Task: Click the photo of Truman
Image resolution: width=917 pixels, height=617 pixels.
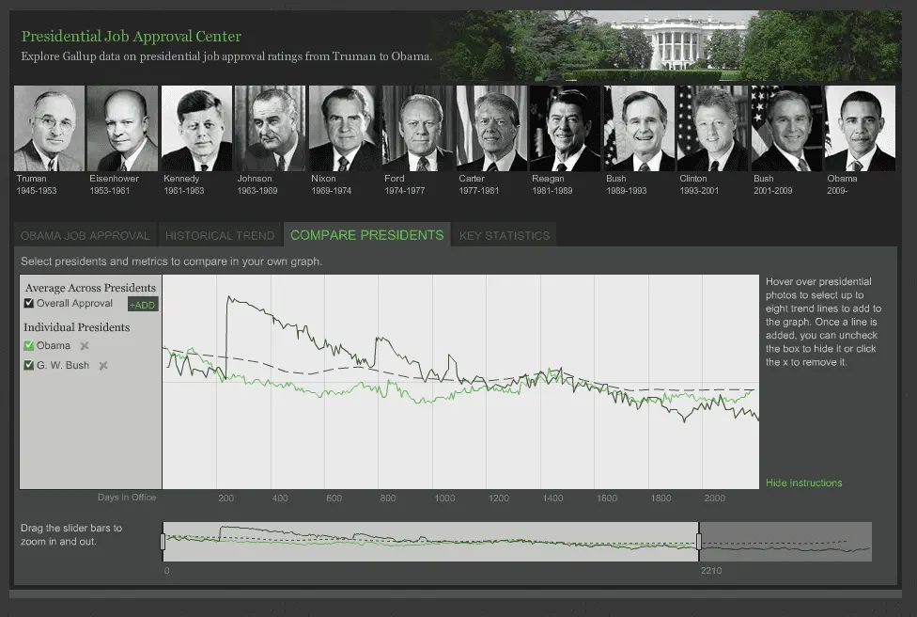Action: pyautogui.click(x=49, y=128)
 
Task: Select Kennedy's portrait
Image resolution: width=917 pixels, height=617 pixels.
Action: pyautogui.click(x=196, y=128)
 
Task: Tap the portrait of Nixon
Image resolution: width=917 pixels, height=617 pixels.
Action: pyautogui.click(x=344, y=128)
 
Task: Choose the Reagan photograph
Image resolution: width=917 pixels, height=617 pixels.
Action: pyautogui.click(x=565, y=128)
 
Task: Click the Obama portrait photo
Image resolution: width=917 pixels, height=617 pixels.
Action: pyautogui.click(x=860, y=128)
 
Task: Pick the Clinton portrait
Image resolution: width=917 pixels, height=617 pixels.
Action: pyautogui.click(x=712, y=128)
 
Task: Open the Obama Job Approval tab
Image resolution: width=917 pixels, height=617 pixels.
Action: pyautogui.click(x=85, y=235)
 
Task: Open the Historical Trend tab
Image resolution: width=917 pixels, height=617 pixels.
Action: pyautogui.click(x=220, y=235)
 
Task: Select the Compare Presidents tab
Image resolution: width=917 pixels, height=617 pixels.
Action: pyautogui.click(x=366, y=235)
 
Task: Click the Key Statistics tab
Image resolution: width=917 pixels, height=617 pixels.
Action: pyautogui.click(x=504, y=235)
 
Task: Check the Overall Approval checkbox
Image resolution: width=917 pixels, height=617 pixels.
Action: pyautogui.click(x=29, y=303)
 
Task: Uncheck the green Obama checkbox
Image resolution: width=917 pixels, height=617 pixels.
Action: pyautogui.click(x=29, y=345)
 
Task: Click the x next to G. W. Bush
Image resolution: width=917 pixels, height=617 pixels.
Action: pyautogui.click(x=103, y=365)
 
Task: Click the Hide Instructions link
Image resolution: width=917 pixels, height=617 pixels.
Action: pyautogui.click(x=803, y=483)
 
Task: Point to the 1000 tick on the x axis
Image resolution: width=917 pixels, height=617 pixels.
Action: pyautogui.click(x=444, y=498)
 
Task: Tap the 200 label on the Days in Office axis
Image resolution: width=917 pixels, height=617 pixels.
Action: pyautogui.click(x=225, y=498)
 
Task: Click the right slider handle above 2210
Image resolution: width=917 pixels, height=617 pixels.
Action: pyautogui.click(x=699, y=542)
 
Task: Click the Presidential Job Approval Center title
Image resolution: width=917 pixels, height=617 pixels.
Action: pyautogui.click(x=132, y=37)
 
